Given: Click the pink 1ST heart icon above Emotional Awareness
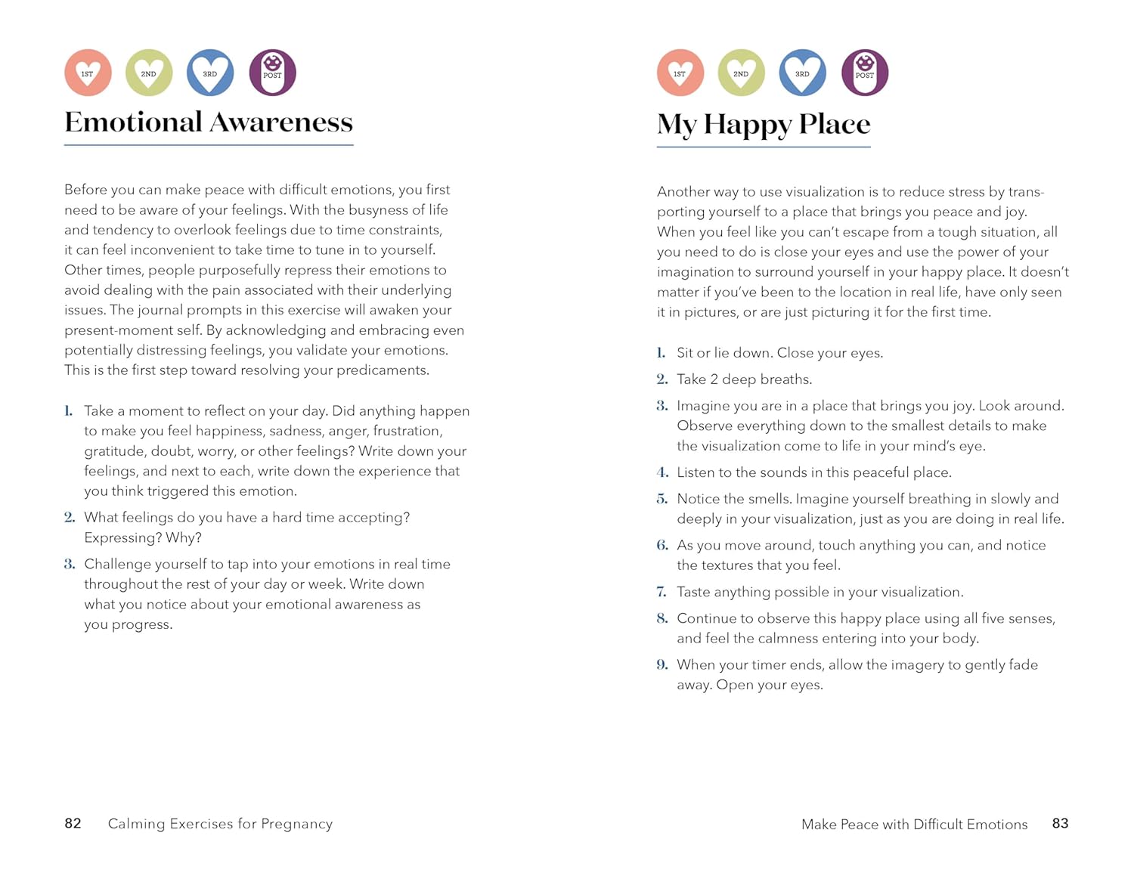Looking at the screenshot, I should tap(88, 73).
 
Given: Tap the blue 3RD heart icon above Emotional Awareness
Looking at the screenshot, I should tap(210, 73).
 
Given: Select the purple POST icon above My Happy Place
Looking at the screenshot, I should tap(865, 73).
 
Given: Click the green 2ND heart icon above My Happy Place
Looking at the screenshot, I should tap(741, 73).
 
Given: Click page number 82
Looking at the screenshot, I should tap(73, 823).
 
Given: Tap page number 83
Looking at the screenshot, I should tap(1060, 823).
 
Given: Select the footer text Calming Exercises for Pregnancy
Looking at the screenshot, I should tap(220, 824).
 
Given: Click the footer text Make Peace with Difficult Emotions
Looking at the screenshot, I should tap(914, 824).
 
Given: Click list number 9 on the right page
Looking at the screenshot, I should tap(662, 664).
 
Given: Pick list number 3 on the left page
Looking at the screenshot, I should tap(70, 564).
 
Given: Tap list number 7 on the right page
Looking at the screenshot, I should tap(661, 592).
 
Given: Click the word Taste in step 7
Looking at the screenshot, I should tap(693, 592).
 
